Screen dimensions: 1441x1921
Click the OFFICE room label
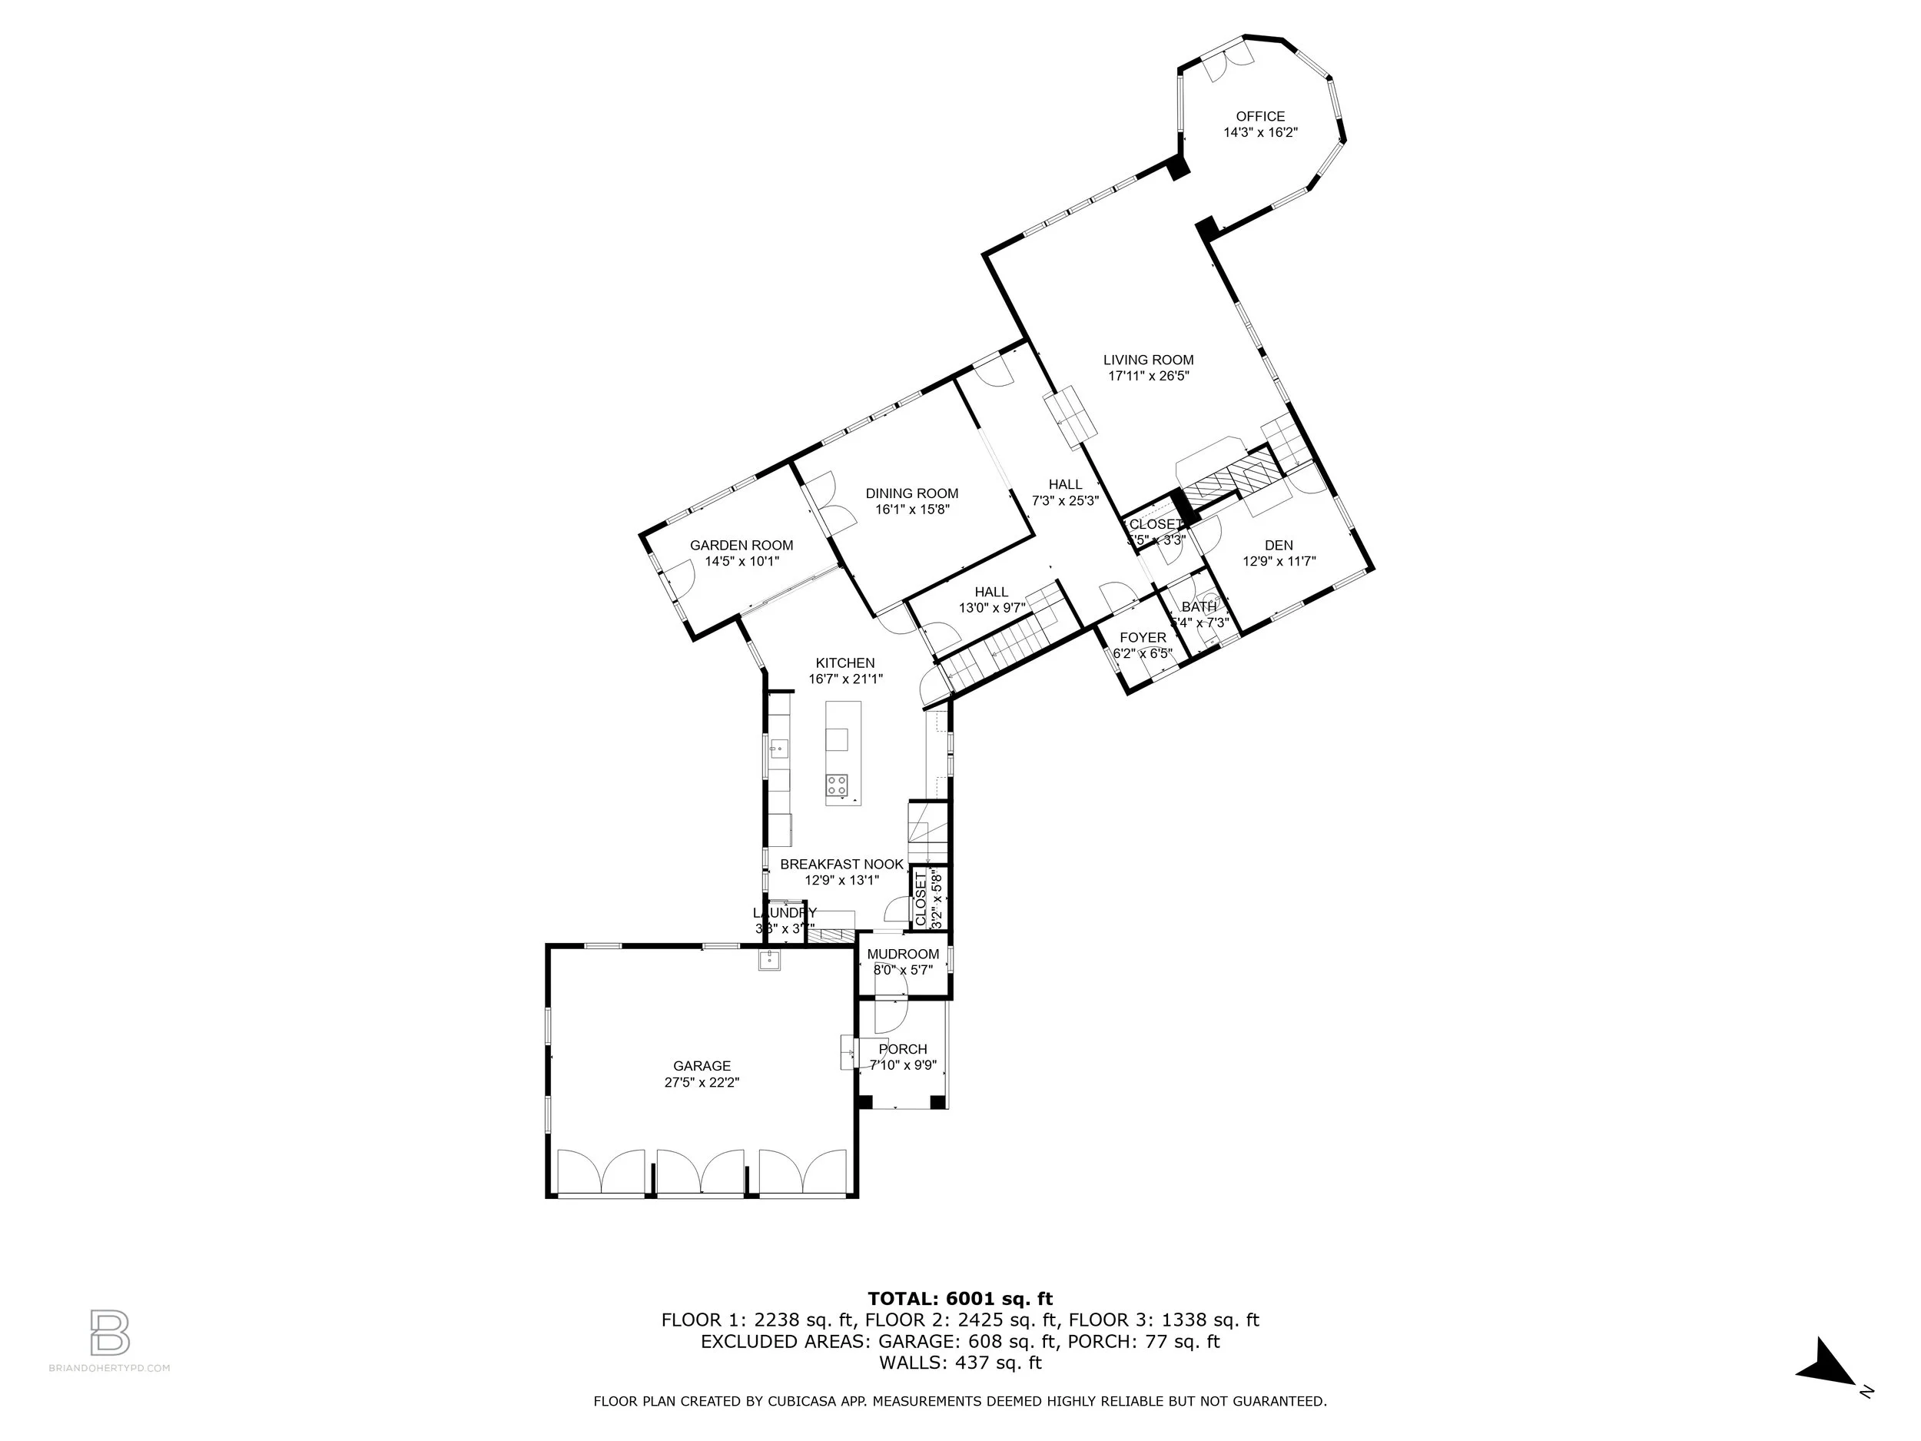pos(1260,116)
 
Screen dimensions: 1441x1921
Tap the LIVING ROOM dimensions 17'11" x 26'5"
pos(1148,376)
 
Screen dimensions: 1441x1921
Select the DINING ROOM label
pos(912,493)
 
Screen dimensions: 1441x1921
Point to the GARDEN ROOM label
pos(741,546)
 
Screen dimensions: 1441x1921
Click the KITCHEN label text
pos(845,662)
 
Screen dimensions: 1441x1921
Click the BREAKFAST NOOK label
pos(841,865)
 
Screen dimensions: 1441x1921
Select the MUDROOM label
pos(903,954)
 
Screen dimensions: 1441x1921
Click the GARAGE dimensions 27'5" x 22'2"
pos(702,1082)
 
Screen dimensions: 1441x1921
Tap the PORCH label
pos(902,1048)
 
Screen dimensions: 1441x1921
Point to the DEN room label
pos(1279,546)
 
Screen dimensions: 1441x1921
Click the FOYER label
pos(1143,638)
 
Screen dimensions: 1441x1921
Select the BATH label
pos(1199,607)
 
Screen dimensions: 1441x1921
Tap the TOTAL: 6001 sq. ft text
pos(960,1299)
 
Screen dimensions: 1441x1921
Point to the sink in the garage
pos(768,960)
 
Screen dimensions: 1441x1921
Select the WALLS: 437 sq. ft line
pos(960,1363)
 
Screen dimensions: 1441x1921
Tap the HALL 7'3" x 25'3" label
pos(1065,492)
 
